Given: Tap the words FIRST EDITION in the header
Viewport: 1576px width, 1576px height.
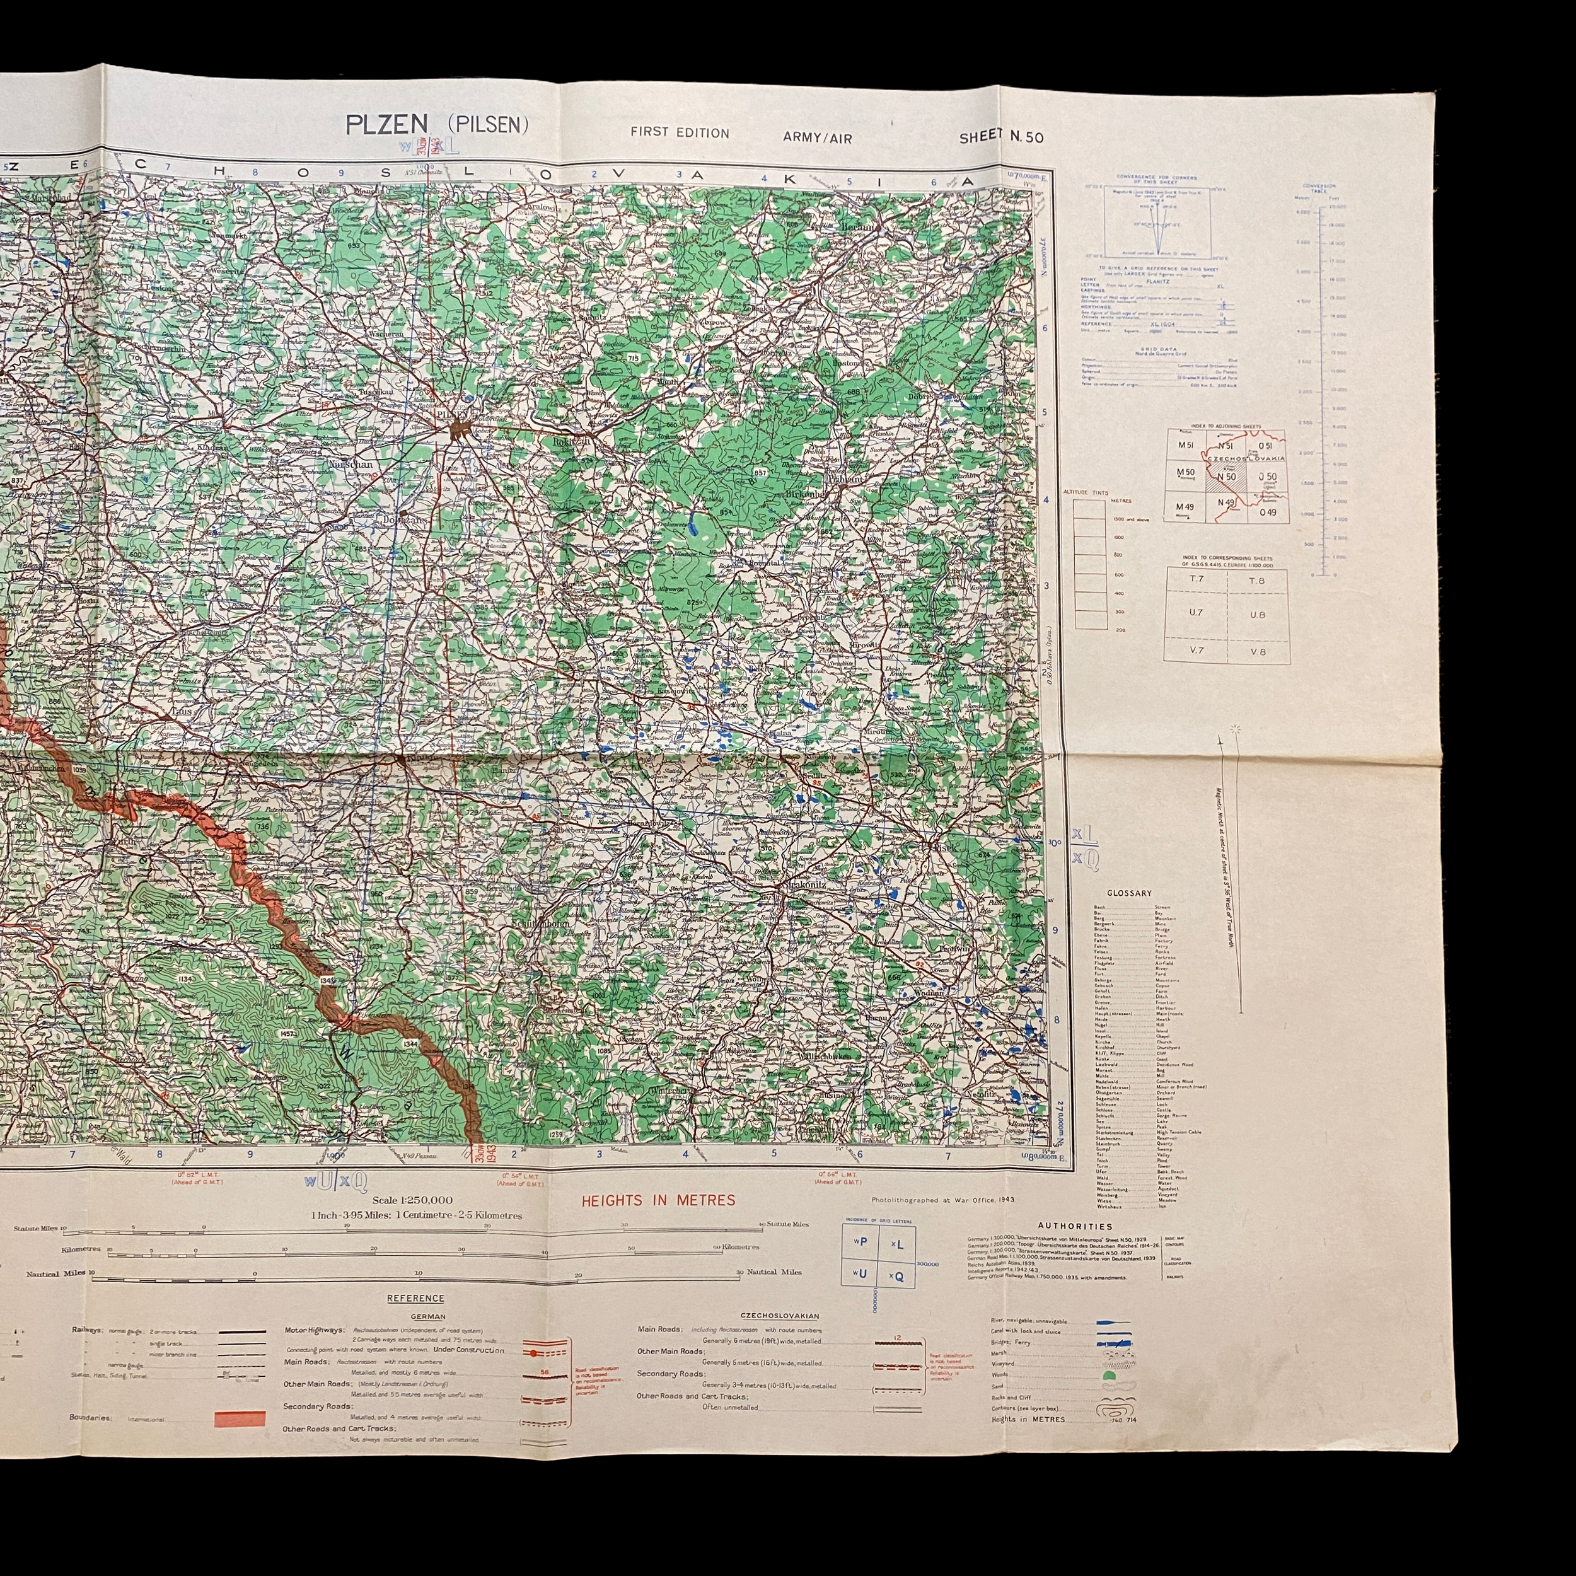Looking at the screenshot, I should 680,133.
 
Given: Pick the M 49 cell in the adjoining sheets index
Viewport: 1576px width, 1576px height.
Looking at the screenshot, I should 1185,507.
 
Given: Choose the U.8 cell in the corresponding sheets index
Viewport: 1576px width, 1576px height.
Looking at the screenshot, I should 1257,614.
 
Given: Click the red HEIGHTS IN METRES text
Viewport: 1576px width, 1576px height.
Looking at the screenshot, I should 658,1200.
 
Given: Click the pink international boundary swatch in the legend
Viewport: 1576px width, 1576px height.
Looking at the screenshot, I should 240,1420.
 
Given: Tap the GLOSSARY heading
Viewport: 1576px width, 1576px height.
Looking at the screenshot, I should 1129,893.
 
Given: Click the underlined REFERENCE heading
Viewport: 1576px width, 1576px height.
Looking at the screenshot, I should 415,1298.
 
